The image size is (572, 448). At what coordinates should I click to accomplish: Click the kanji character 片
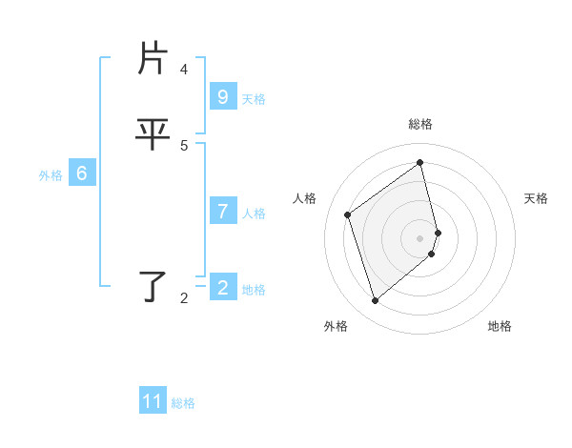(x=153, y=59)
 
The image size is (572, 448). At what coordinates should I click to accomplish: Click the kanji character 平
(x=153, y=134)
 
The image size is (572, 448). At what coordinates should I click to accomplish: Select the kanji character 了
(x=153, y=286)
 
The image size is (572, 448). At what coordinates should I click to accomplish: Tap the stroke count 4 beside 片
(x=184, y=70)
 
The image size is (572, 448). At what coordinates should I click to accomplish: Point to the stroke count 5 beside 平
(x=184, y=145)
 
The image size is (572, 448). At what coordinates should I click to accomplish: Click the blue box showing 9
(x=223, y=97)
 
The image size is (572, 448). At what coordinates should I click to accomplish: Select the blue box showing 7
(x=223, y=212)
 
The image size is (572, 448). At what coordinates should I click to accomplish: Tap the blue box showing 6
(x=82, y=173)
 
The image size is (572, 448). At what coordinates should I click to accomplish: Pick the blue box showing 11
(x=153, y=401)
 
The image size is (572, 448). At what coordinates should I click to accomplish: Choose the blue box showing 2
(x=223, y=288)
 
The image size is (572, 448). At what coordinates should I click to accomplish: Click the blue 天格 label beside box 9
(x=254, y=99)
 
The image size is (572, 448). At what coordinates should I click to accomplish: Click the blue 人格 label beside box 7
(x=254, y=214)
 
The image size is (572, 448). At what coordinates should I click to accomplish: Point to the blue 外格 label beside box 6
(x=51, y=175)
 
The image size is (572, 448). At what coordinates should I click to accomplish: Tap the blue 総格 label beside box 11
(x=183, y=403)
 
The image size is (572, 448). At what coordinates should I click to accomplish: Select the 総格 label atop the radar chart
(x=420, y=124)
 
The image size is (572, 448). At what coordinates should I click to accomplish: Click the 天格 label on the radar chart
(x=536, y=198)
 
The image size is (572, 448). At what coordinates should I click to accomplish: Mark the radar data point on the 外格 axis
(x=375, y=301)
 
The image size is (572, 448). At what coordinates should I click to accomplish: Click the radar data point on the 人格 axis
(x=348, y=214)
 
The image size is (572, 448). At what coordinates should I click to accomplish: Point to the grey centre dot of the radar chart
(x=420, y=237)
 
